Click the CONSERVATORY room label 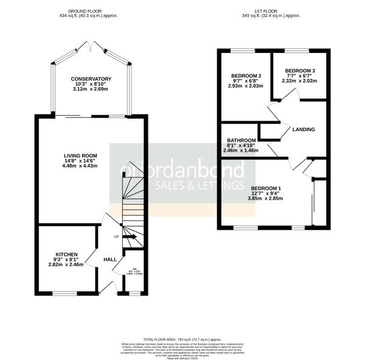point(91,79)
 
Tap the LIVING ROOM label point(82,156)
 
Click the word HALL point(109,259)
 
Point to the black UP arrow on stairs point(130,237)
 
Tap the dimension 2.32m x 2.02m point(299,81)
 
